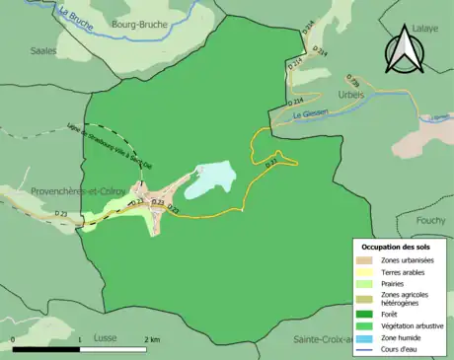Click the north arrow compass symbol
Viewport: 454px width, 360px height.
[x=404, y=51]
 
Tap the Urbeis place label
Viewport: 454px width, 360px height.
[x=351, y=95]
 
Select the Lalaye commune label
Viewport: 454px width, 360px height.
[x=425, y=31]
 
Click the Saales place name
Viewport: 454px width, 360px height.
[x=43, y=48]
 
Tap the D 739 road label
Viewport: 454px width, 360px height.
[x=353, y=82]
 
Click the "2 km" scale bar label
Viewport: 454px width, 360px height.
[x=151, y=339]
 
